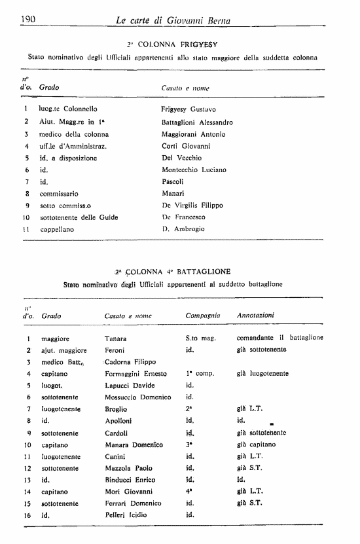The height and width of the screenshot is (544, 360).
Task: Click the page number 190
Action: (27, 20)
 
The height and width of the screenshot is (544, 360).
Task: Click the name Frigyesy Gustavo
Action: (189, 110)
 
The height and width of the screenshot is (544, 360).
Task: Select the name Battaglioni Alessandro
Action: (196, 122)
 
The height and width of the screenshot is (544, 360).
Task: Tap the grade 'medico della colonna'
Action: (74, 134)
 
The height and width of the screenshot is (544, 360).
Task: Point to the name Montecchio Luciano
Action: (194, 170)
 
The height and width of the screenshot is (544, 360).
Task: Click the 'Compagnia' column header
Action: (204, 316)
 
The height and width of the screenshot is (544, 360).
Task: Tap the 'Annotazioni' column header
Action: (255, 316)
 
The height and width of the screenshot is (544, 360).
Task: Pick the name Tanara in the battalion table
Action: (116, 338)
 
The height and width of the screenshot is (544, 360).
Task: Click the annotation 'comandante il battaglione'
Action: (279, 338)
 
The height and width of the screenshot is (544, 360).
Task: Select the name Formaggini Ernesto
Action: (135, 374)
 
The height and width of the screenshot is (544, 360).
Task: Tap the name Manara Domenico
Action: (134, 444)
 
